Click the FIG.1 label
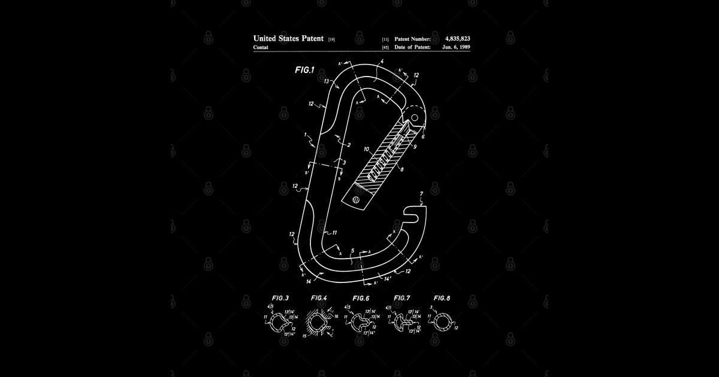pos(304,70)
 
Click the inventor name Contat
pos(261,47)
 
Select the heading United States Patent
pos(288,38)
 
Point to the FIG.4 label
pos(319,297)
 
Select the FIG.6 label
pos(361,297)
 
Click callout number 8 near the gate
pos(401,169)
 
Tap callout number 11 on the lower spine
pos(334,232)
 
